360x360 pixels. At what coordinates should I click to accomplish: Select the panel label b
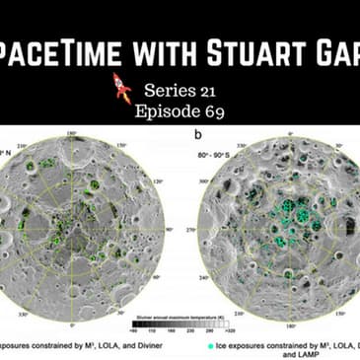201,130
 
